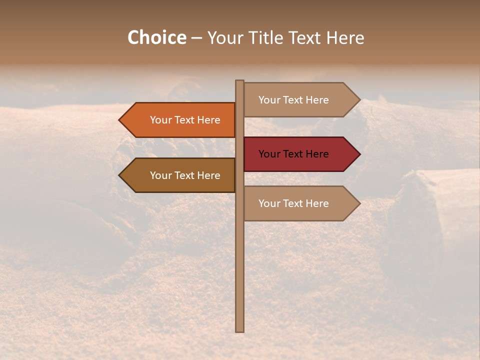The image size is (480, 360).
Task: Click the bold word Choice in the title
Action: point(156,38)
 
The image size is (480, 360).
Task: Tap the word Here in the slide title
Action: point(345,38)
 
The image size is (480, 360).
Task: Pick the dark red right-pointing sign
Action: point(300,154)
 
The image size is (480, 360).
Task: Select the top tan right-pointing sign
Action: point(300,100)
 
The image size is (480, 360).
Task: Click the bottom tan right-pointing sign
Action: point(300,203)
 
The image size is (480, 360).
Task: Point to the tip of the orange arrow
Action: point(120,120)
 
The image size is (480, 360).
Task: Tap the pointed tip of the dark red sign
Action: point(359,154)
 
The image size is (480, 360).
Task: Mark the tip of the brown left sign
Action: point(120,175)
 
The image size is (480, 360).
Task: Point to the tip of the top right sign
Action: point(359,100)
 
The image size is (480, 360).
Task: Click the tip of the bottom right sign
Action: point(359,203)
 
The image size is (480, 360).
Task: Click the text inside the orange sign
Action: point(185,120)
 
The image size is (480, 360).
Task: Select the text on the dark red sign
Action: point(293,154)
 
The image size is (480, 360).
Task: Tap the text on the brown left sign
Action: point(185,175)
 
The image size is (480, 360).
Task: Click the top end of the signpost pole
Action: point(239,81)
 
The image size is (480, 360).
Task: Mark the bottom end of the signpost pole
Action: point(239,330)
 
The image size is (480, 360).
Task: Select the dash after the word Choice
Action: point(196,38)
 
